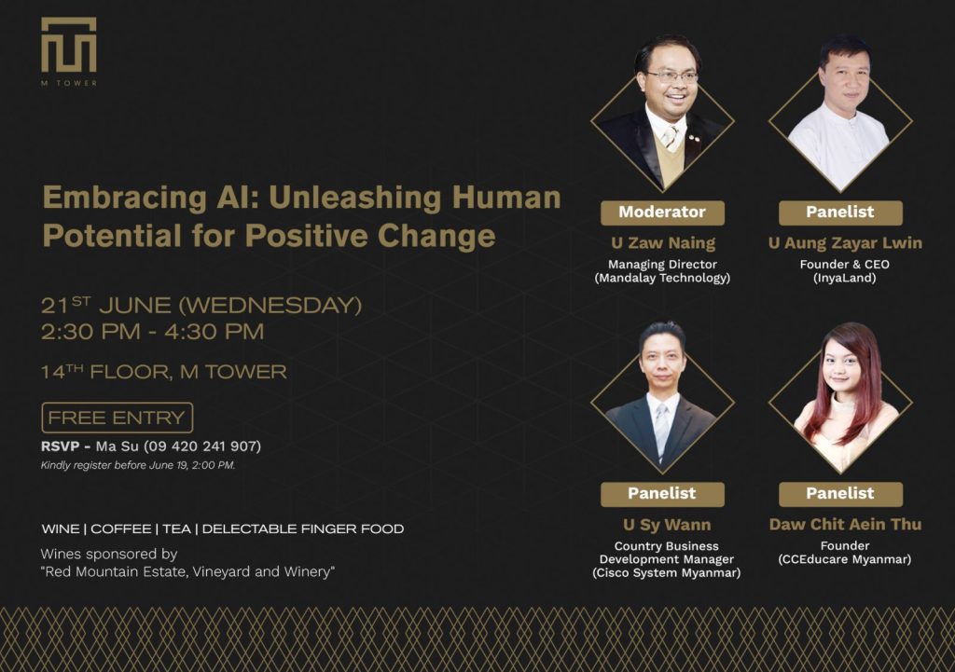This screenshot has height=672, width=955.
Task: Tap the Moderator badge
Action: [663, 213]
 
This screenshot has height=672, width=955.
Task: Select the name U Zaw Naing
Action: [663, 243]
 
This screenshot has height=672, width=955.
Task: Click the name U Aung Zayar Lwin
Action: [845, 243]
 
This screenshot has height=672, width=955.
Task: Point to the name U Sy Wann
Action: [667, 525]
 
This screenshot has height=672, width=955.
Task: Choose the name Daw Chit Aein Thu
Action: [845, 524]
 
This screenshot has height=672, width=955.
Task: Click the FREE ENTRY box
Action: [117, 418]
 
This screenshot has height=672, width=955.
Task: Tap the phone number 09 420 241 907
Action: [202, 446]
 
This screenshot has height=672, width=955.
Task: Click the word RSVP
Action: [61, 446]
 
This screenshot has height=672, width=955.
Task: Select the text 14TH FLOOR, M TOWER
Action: [164, 371]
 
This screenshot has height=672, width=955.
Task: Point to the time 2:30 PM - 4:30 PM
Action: [152, 332]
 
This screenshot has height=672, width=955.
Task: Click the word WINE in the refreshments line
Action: [61, 529]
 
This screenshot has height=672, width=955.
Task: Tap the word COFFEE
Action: [120, 529]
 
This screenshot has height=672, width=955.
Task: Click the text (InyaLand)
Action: [845, 278]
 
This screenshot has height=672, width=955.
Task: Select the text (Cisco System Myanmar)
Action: [666, 573]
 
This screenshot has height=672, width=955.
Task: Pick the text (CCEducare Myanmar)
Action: [845, 559]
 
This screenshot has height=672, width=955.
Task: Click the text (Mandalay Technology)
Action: [662, 278]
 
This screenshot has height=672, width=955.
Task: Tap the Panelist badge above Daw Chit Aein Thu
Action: [840, 494]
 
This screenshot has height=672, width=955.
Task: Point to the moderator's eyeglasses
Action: [671, 76]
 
